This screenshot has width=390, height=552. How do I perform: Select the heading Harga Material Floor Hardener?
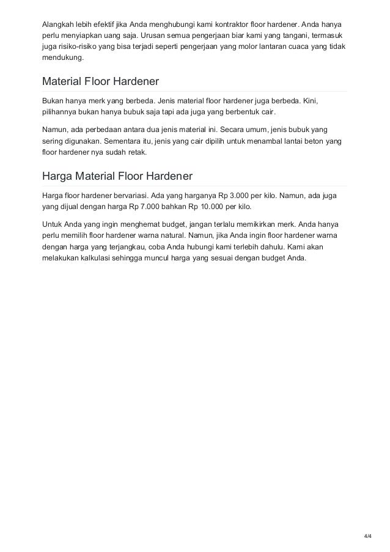pos(117,176)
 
